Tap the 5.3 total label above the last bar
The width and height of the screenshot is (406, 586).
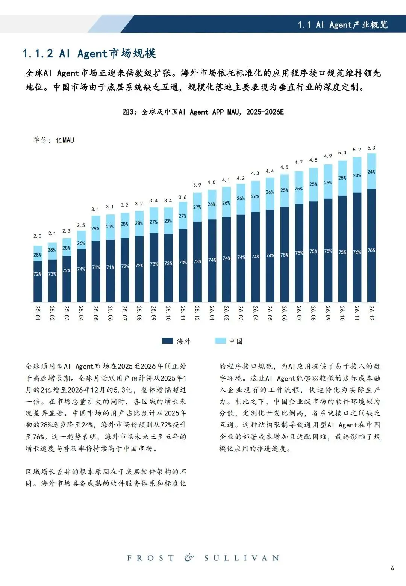[371, 148]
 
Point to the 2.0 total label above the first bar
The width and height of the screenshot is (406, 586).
[38, 236]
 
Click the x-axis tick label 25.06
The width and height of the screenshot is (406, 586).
[110, 313]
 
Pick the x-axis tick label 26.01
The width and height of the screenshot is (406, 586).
[212, 313]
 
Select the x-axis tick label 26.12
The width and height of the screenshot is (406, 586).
[371, 313]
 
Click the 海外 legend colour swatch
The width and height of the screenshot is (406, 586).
[167, 341]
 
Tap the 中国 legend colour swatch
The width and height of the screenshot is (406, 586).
[220, 341]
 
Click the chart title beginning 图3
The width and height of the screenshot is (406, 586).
[203, 112]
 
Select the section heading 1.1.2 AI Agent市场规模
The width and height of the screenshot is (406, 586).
[89, 54]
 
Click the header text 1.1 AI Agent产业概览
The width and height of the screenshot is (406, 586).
[342, 25]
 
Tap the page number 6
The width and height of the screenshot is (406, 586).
[392, 568]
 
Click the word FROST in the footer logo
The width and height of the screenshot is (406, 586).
[150, 558]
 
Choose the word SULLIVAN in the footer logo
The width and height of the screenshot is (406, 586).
[242, 558]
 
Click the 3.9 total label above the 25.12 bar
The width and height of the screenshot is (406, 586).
[197, 185]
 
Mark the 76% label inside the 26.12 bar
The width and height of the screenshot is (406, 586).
[371, 250]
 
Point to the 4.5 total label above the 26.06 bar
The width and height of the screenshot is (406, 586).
[284, 168]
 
